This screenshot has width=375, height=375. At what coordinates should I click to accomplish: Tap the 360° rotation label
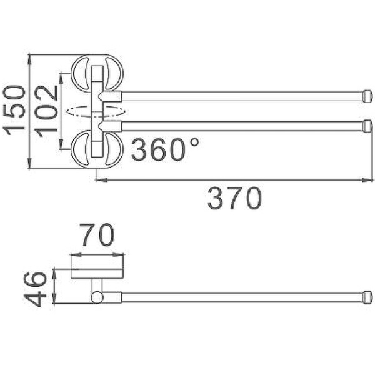pyautogui.click(x=165, y=150)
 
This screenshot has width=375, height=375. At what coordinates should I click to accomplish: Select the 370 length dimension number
pyautogui.click(x=235, y=199)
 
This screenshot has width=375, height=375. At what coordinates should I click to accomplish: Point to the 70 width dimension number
pyautogui.click(x=97, y=236)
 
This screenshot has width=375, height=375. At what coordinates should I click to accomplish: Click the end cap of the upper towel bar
pyautogui.click(x=368, y=96)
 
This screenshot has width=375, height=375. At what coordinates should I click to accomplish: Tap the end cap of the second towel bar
pyautogui.click(x=368, y=126)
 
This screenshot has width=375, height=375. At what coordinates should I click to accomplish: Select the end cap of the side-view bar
pyautogui.click(x=368, y=297)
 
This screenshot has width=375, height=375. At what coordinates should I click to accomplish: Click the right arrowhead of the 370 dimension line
pyautogui.click(x=370, y=180)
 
